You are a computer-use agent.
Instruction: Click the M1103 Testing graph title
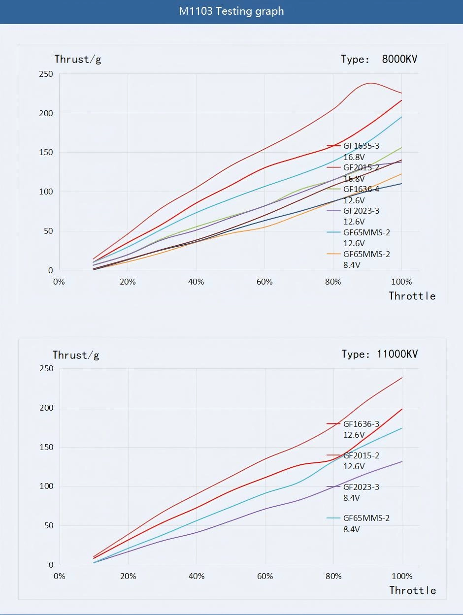click(231, 11)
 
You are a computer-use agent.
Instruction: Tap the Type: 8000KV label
click(379, 60)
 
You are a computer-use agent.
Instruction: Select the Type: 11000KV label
click(379, 354)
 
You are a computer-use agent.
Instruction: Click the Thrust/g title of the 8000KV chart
click(77, 60)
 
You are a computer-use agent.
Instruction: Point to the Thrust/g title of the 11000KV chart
click(76, 355)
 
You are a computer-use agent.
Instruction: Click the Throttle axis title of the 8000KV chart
click(412, 296)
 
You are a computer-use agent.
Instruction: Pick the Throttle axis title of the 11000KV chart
click(412, 590)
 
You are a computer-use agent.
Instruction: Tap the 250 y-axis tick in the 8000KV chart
click(46, 74)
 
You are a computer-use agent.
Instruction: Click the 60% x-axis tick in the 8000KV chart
click(265, 282)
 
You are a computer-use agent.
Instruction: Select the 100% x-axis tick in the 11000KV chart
click(402, 577)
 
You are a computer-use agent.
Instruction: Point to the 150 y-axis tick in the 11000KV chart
click(46, 447)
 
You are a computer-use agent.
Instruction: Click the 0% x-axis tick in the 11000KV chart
click(59, 577)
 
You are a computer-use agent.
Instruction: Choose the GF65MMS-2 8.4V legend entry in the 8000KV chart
click(366, 259)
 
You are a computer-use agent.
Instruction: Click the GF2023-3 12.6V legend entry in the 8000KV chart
click(361, 216)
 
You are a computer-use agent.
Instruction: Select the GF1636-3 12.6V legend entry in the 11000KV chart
click(361, 429)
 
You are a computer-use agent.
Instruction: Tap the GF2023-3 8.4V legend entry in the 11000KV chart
click(361, 492)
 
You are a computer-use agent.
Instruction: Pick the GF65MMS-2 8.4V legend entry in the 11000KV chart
click(366, 523)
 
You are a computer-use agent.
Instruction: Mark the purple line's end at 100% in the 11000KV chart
click(402, 461)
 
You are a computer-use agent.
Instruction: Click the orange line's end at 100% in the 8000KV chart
click(402, 174)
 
